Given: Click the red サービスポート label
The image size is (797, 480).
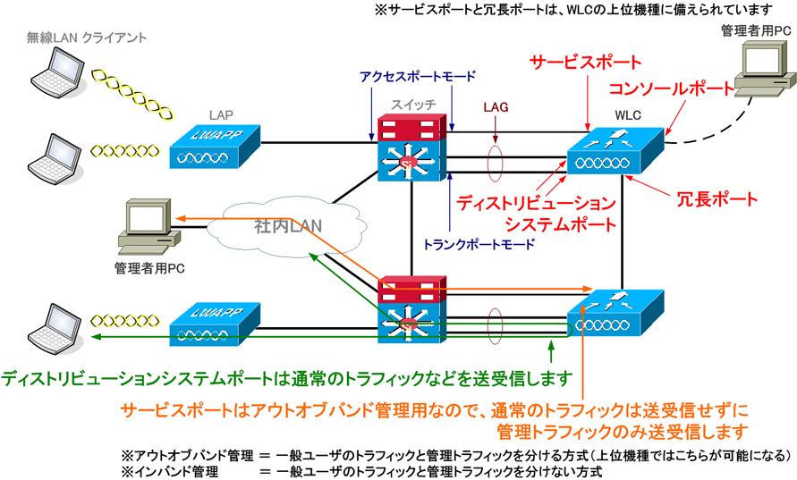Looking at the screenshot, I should [x=586, y=63].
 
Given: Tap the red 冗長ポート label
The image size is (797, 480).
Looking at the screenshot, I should [x=715, y=198].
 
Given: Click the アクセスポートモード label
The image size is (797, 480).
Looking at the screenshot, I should [x=417, y=76].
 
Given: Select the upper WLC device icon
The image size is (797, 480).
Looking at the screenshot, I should [x=615, y=152].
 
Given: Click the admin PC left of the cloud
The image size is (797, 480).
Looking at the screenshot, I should [x=143, y=223].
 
